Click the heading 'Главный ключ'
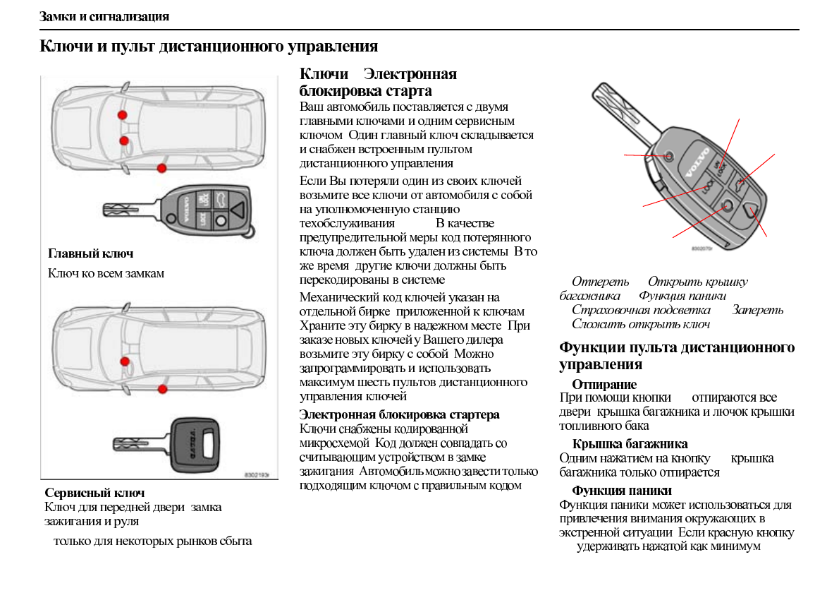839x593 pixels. coord(90,253)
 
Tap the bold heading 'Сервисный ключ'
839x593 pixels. coord(94,493)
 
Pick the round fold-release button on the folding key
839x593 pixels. coord(668,155)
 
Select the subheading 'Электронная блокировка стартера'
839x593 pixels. coord(399,414)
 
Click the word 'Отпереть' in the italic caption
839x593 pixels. coord(600,282)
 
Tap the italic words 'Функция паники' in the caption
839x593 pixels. coord(682,296)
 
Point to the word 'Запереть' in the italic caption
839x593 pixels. coord(757,310)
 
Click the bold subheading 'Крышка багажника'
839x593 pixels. coord(630,444)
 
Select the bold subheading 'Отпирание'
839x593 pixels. coord(604,384)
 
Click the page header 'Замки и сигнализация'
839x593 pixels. coord(104,16)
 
